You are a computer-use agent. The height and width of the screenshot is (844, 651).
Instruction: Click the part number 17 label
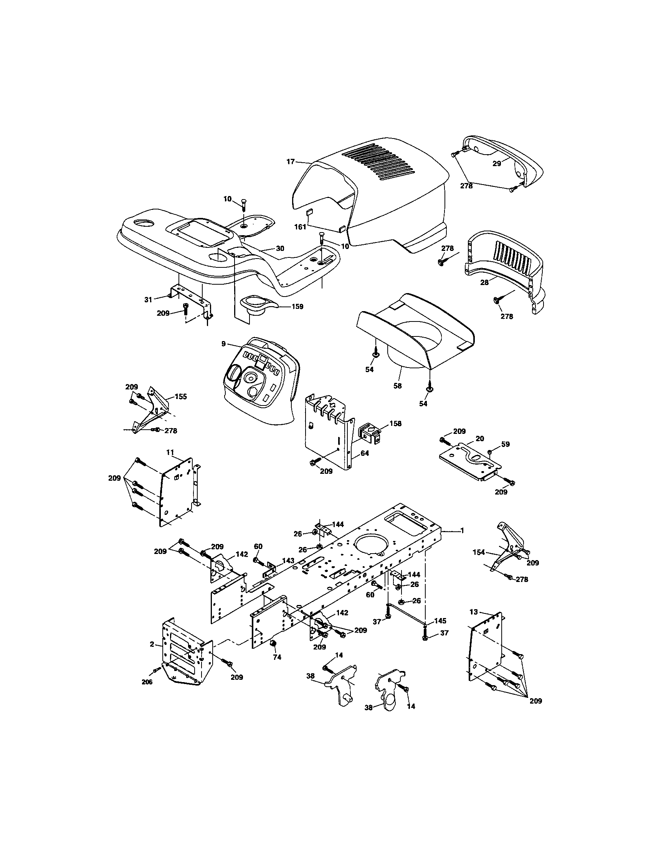point(290,162)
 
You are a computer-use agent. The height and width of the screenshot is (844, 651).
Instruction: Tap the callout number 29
point(497,163)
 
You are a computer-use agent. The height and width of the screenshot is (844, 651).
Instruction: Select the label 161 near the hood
point(301,227)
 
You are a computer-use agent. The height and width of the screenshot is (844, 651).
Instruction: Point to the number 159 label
point(297,307)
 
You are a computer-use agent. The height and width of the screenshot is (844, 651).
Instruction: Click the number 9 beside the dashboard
point(223,343)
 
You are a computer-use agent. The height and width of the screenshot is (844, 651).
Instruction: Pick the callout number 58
point(397,386)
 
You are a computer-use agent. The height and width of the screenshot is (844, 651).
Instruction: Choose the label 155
point(181,396)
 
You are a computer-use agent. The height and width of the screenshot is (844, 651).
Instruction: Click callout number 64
point(364,453)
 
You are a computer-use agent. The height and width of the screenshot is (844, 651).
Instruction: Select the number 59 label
point(506,444)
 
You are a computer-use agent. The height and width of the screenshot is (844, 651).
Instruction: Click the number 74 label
point(277,657)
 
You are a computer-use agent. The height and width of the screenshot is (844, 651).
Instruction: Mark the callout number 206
point(147,682)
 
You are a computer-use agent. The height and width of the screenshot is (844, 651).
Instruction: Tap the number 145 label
point(440,621)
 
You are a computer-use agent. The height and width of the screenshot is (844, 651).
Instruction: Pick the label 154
point(479,552)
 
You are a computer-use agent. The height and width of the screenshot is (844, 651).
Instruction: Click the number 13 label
point(474,612)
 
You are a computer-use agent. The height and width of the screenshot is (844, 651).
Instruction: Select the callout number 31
point(148,300)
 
